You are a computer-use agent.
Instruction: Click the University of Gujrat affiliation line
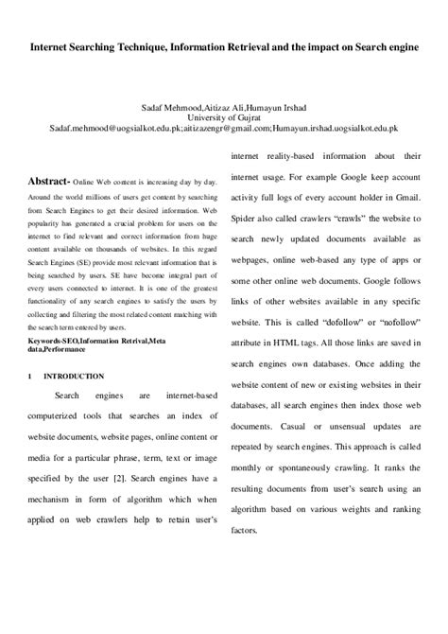tap(223, 117)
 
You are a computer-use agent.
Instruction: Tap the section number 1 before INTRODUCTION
tap(30, 376)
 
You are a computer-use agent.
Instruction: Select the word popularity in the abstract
tap(45, 218)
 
